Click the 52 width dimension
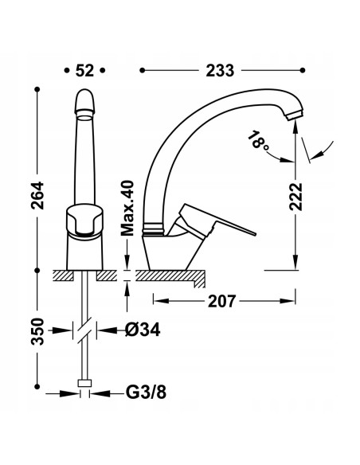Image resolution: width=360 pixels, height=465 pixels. (85, 70)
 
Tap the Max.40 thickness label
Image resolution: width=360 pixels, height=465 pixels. (125, 209)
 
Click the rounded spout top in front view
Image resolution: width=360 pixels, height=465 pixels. (85, 102)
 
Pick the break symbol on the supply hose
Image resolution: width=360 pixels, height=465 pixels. (84, 329)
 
